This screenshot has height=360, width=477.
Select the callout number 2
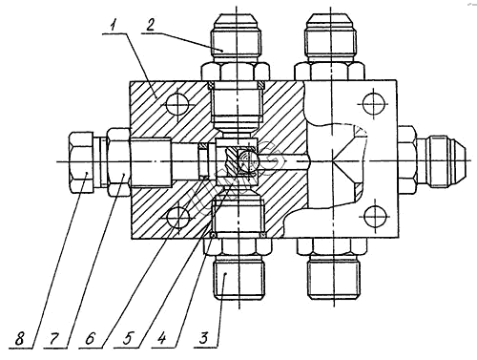pos(150,25)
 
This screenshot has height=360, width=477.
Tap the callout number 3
pos(204,338)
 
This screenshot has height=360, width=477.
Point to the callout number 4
pos(162,338)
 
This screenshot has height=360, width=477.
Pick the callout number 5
pos(127,338)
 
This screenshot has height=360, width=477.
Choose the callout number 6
pos(90,338)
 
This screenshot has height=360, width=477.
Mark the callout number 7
pos(53,338)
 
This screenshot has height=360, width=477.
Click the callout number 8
pos(19,339)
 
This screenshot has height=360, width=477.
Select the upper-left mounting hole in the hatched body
pos(177,104)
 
